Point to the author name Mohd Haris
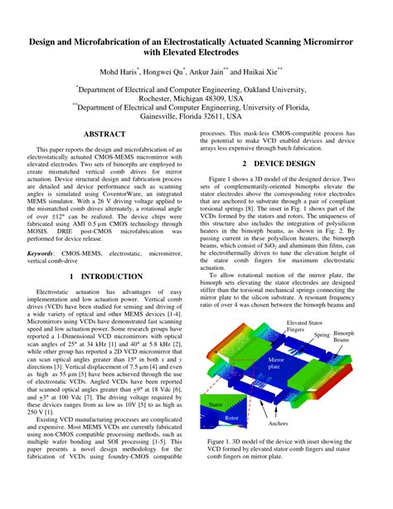click(119, 72)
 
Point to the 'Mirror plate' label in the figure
click(275, 364)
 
